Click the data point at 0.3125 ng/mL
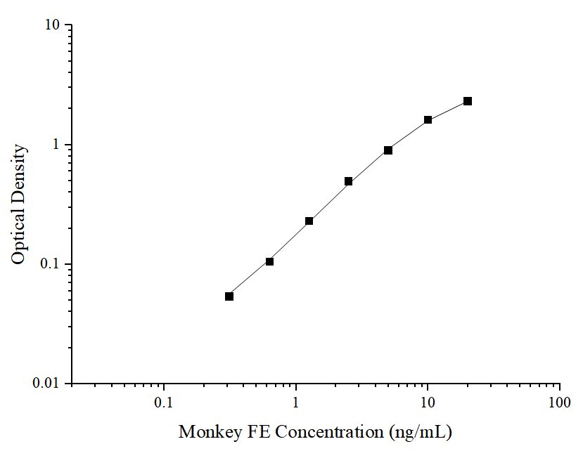(229, 296)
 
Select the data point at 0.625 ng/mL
(269, 262)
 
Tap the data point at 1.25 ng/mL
(309, 221)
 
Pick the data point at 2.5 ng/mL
(348, 181)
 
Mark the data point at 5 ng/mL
(388, 150)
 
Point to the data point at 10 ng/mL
(428, 120)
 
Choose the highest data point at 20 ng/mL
(468, 101)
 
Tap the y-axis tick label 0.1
(52, 265)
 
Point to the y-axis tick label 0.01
(49, 384)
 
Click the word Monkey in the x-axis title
(210, 431)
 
